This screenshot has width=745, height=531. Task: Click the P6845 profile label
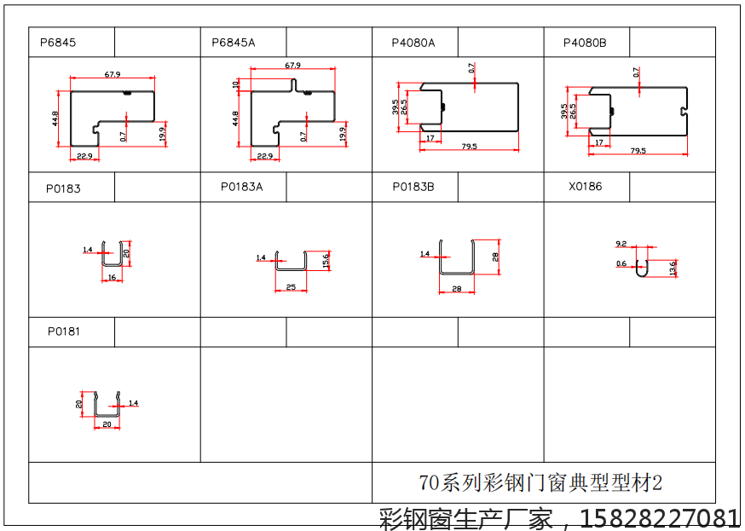[x=58, y=42]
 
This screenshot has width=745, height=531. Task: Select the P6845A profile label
[x=233, y=42]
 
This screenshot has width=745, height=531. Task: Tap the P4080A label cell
[x=413, y=42]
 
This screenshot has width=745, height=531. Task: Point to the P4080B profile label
[x=585, y=42]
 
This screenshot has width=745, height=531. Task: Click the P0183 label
[x=63, y=188]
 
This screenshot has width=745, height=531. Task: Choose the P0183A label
[x=241, y=186]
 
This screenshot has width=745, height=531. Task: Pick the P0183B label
[x=413, y=186]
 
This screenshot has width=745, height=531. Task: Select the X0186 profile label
[x=585, y=186]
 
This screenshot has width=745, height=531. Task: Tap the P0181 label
[x=63, y=331]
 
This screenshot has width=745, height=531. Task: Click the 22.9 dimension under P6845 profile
[x=84, y=156]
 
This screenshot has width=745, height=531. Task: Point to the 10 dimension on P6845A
[x=236, y=84]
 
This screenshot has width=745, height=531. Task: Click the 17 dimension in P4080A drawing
[x=430, y=138]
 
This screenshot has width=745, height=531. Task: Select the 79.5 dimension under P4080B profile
[x=638, y=150]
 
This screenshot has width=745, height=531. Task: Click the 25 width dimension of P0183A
[x=291, y=287]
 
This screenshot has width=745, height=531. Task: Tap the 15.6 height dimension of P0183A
[x=327, y=260]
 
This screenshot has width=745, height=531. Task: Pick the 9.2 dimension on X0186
[x=621, y=244]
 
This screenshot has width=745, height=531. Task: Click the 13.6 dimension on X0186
[x=673, y=268]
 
